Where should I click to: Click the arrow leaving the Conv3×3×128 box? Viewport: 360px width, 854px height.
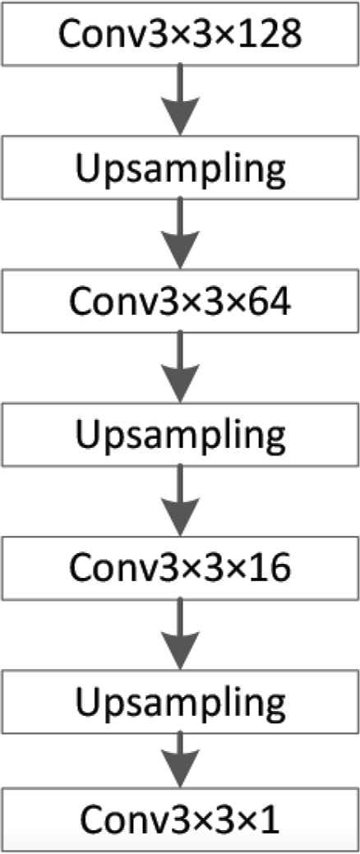pyautogui.click(x=180, y=100)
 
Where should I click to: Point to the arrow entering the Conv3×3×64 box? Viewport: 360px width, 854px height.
pyautogui.click(x=180, y=234)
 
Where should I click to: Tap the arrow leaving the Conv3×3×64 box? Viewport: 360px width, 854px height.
pyautogui.click(x=180, y=368)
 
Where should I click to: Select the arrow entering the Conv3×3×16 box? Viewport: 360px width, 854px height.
pyautogui.click(x=180, y=502)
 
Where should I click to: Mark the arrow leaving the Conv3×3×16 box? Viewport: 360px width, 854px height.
pyautogui.click(x=180, y=635)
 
